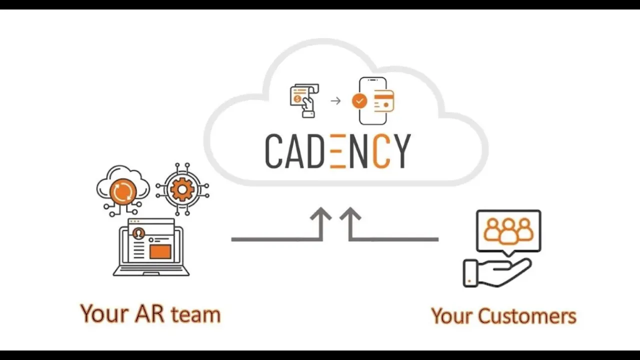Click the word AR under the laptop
[149, 314]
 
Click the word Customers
[527, 316]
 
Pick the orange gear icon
[182, 189]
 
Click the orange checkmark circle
[359, 101]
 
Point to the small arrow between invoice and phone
[335, 101]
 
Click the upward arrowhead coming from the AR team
[320, 216]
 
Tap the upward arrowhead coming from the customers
[350, 216]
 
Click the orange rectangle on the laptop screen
[160, 251]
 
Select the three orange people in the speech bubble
[508, 230]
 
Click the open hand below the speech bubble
[497, 272]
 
